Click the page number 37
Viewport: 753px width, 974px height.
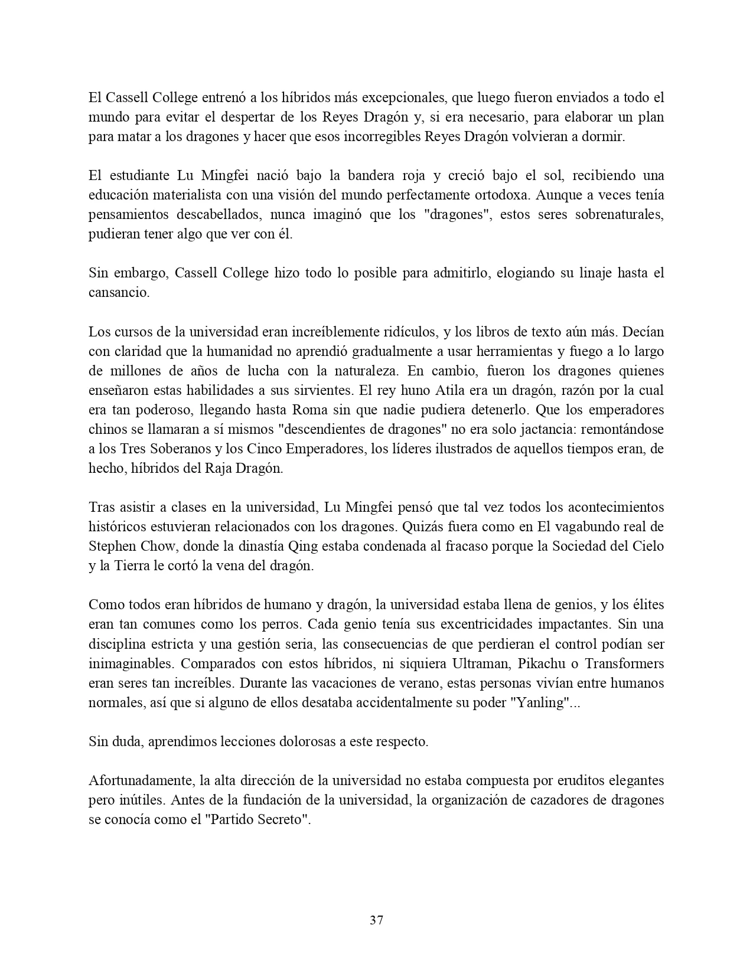click(x=376, y=920)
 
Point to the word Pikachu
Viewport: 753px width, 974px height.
click(x=540, y=664)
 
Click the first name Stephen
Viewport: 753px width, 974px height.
click(x=113, y=546)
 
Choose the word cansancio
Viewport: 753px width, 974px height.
click(x=119, y=293)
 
